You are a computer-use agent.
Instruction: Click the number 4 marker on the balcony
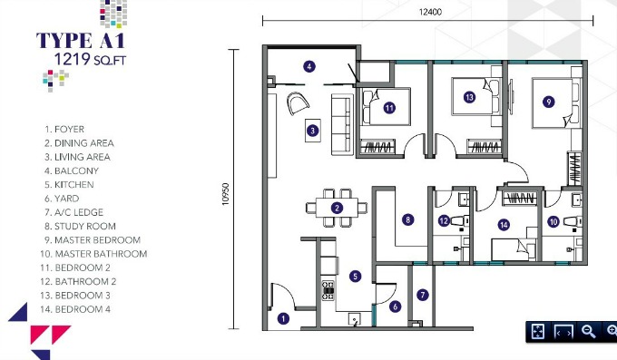309,66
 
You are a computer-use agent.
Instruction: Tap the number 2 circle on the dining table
337,208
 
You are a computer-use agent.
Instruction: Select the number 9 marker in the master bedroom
549,102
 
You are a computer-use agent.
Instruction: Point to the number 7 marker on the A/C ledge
423,295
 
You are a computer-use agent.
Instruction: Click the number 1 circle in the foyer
283,318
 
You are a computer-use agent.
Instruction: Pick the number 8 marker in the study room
407,219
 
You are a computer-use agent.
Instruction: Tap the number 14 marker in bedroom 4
504,225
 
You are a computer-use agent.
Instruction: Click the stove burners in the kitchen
328,290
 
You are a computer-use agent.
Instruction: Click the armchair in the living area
298,102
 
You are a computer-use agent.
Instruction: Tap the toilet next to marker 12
459,221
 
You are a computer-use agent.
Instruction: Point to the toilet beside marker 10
573,222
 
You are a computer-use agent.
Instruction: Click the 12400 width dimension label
430,12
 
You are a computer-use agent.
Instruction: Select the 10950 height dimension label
225,194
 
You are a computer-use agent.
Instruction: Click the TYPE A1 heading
81,41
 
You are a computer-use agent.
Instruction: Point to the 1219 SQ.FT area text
90,59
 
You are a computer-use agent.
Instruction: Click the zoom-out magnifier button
588,331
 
